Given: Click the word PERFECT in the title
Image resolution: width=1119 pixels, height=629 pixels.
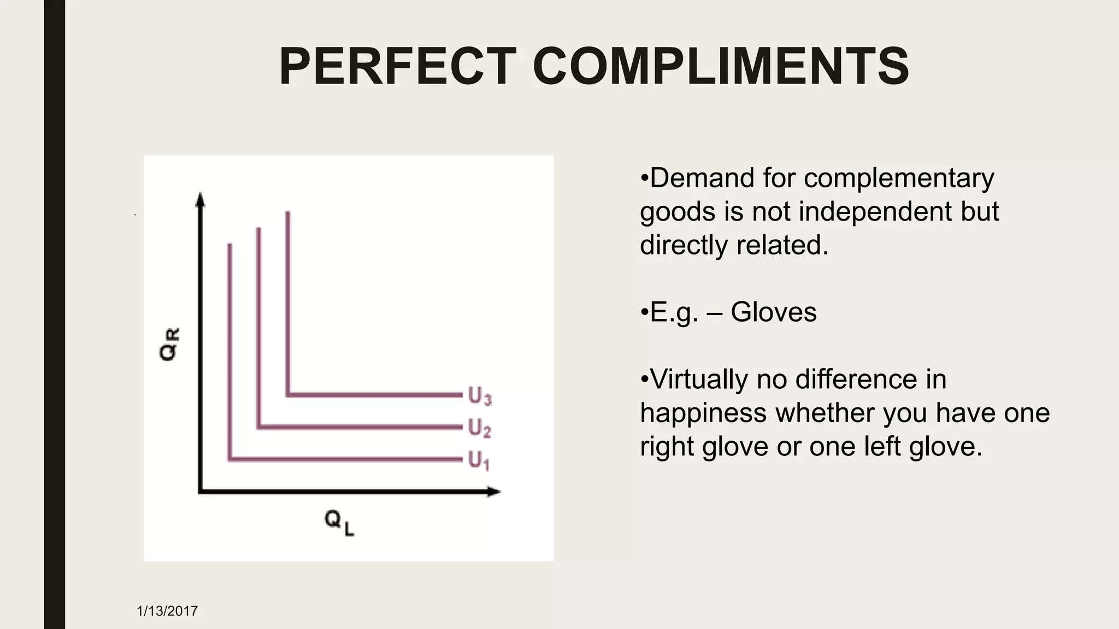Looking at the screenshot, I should (398, 67).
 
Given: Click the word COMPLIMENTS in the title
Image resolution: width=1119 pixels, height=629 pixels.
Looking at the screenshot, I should (720, 67).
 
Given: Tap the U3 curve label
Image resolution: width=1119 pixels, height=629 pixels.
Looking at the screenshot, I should (480, 396).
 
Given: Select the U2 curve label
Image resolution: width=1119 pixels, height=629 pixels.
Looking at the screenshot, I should (480, 429).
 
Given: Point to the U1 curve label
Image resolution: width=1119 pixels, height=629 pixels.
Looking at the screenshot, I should (479, 460).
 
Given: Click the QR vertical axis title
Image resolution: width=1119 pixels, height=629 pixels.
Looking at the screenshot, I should (169, 344).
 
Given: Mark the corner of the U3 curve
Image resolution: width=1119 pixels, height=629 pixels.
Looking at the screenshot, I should (288, 394).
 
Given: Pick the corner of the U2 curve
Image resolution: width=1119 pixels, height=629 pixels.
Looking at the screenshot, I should (258, 427).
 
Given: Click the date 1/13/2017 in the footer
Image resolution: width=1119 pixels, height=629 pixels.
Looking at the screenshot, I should (167, 611).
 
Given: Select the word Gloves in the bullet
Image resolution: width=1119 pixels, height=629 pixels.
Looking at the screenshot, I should (773, 312).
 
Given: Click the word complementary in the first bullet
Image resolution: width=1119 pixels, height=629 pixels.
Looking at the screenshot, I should (899, 179).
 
